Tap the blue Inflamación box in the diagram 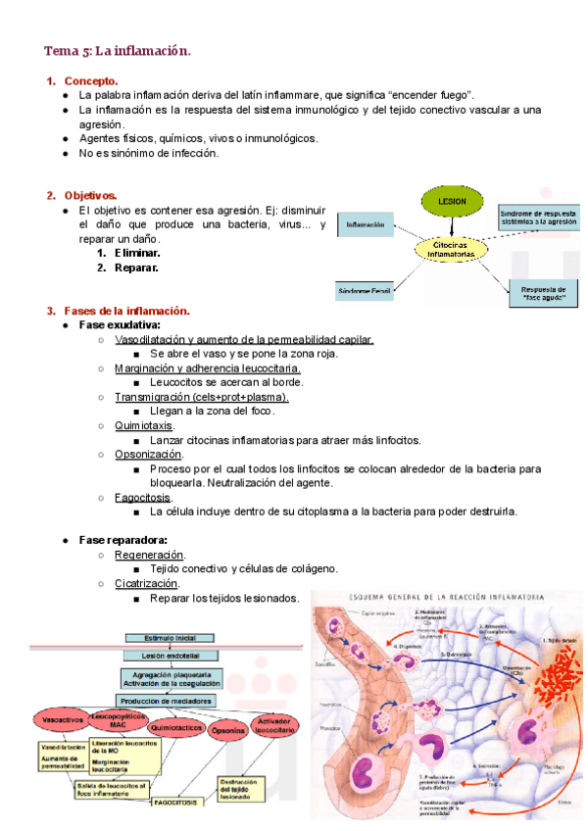366,225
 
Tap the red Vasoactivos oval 63,720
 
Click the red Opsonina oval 228,730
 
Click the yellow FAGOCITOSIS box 175,802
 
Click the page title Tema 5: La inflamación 117,50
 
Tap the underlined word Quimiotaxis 144,426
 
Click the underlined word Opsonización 148,455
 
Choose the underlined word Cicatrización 146,583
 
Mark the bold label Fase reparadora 122,540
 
